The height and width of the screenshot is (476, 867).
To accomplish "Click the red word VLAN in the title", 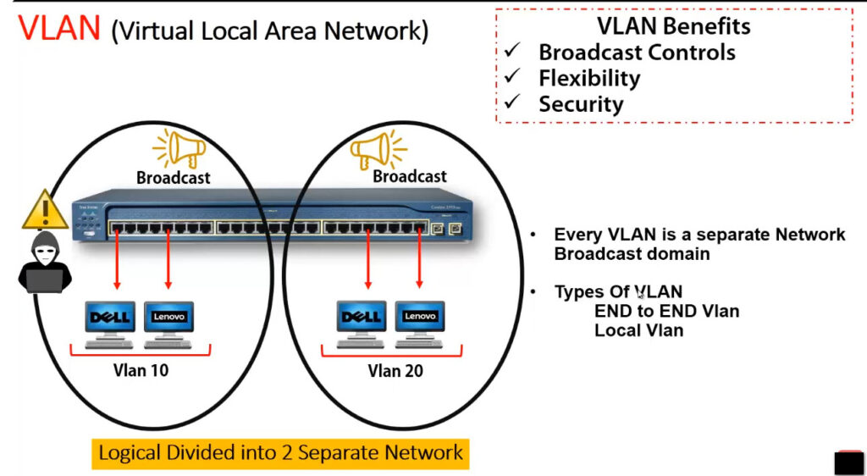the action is point(59,29).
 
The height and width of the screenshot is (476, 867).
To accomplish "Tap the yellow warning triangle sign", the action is point(45,209).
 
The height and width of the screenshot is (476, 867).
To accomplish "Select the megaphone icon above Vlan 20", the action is point(378,148).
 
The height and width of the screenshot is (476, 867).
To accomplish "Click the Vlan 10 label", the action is point(141,370).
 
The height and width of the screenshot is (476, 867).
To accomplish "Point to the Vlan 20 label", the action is point(395,370).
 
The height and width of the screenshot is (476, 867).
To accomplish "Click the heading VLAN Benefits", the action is point(674,26).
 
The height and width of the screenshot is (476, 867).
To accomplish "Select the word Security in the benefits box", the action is point(581,104).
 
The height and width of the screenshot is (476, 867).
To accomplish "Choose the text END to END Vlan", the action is point(667,311).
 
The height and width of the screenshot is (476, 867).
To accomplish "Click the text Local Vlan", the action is point(639,330).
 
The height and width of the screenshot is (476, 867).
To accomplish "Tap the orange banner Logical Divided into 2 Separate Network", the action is point(280,453).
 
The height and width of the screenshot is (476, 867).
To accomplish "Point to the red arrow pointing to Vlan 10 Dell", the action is point(117,257).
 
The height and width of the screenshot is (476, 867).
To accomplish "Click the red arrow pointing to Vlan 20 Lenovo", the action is point(419,257).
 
